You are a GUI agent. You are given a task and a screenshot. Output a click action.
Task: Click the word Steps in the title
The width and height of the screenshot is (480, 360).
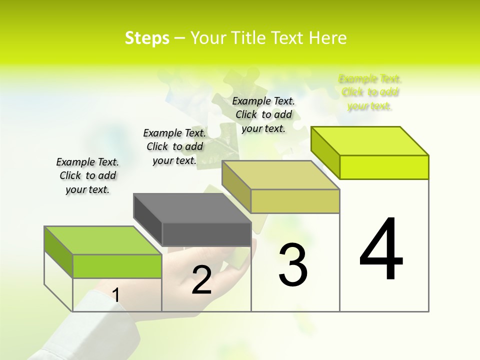(147, 38)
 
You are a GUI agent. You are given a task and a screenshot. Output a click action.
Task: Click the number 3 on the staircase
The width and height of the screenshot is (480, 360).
(293, 265)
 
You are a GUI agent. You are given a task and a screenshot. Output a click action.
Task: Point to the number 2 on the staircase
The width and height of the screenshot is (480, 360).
(201, 280)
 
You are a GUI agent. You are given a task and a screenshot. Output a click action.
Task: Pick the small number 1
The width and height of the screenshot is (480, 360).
(116, 295)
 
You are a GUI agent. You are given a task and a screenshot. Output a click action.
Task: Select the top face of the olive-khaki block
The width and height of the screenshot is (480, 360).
(280, 175)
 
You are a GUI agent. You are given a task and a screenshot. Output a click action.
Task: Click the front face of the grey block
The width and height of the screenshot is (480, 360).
(206, 234)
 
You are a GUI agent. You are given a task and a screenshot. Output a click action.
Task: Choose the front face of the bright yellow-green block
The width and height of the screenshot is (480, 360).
(384, 167)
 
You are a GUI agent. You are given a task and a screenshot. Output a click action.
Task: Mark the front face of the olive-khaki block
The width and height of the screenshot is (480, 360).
(295, 201)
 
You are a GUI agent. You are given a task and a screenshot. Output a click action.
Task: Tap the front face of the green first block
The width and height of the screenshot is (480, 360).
(117, 266)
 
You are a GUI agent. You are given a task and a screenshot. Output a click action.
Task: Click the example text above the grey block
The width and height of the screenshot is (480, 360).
(174, 146)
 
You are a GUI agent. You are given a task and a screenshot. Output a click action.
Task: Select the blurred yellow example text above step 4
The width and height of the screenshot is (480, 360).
(370, 92)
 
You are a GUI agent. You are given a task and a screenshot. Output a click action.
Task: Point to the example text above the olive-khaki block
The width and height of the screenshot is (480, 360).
(263, 114)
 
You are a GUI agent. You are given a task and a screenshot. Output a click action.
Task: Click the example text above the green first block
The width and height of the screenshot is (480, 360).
(87, 175)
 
